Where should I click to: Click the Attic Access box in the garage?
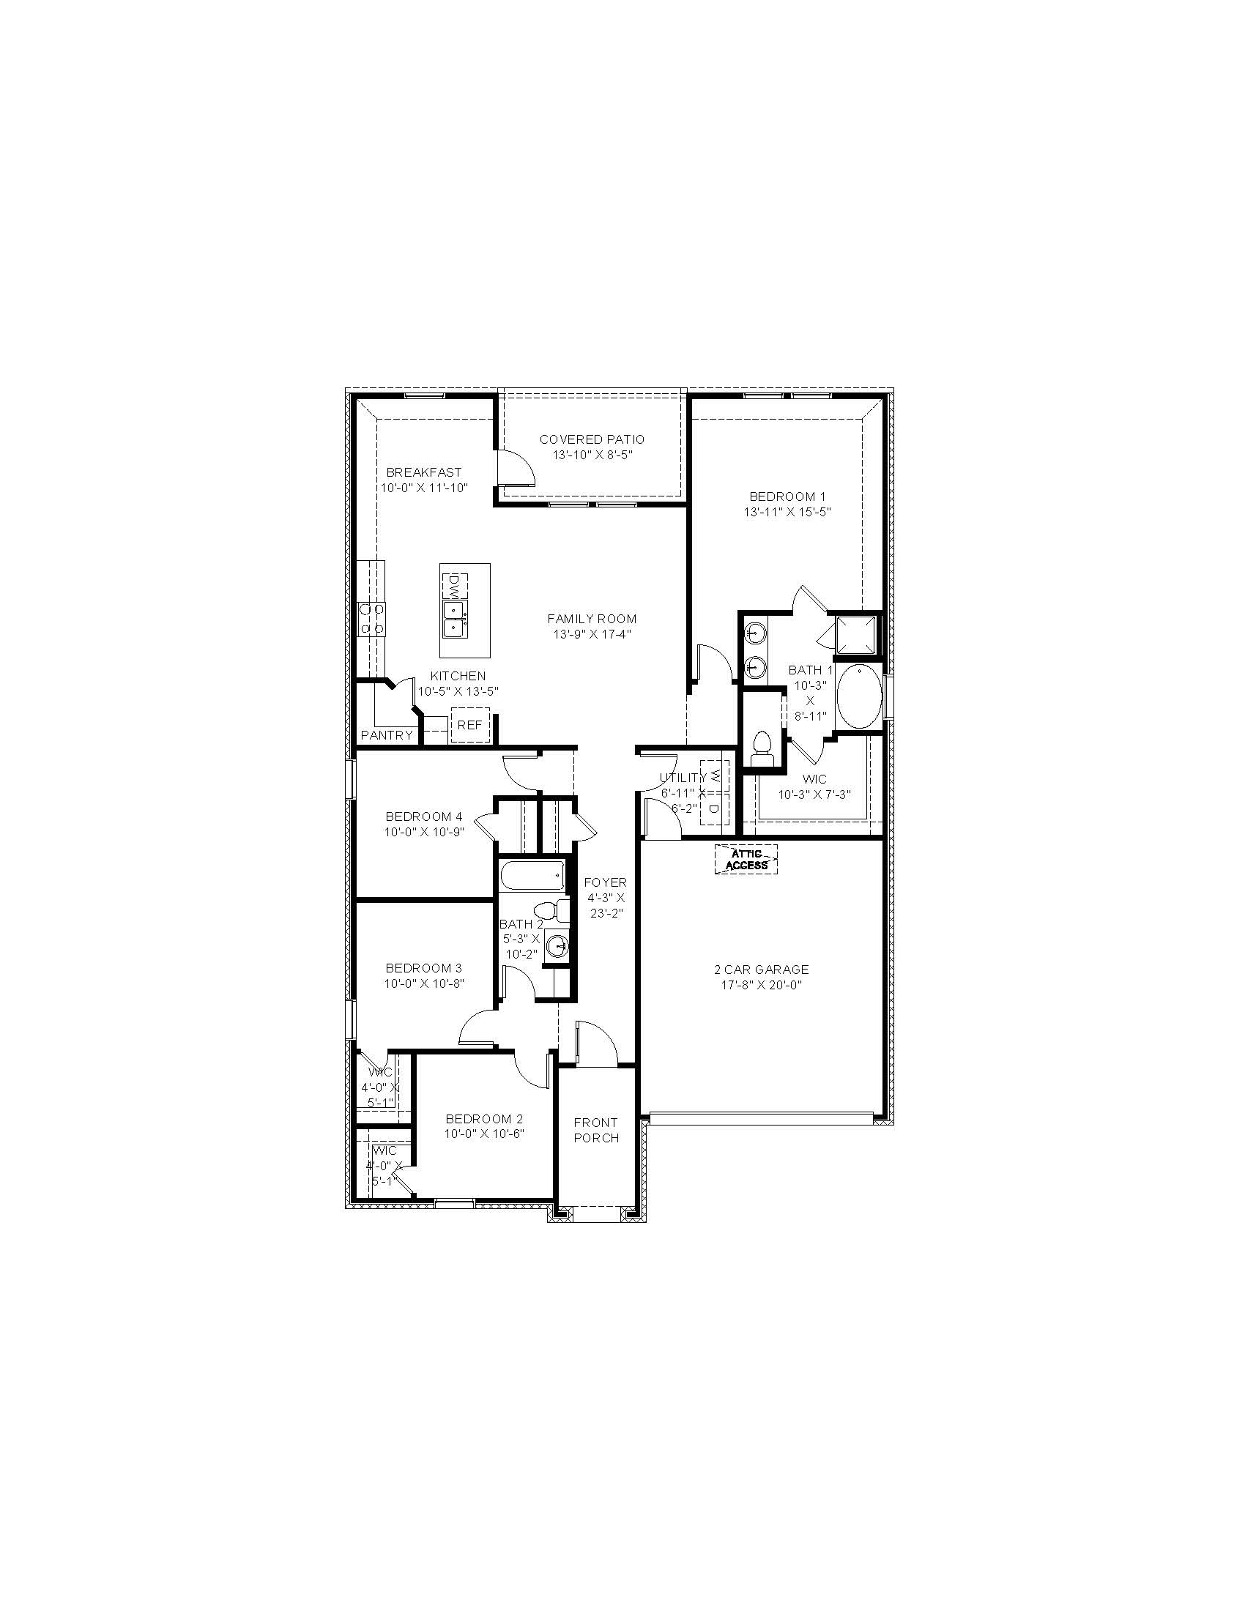click(747, 860)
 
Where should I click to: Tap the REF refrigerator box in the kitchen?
click(470, 725)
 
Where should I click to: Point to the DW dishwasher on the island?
click(453, 588)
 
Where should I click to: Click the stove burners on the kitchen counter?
click(371, 619)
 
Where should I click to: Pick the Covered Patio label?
click(592, 439)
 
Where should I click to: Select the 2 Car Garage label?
click(762, 970)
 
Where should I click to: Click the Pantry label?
click(387, 735)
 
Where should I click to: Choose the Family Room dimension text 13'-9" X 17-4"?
click(592, 634)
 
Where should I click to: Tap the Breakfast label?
click(424, 472)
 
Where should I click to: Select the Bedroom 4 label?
click(424, 816)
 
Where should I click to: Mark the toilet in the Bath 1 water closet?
click(759, 748)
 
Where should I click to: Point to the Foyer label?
click(606, 882)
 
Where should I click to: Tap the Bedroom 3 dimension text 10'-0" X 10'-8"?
click(424, 983)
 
